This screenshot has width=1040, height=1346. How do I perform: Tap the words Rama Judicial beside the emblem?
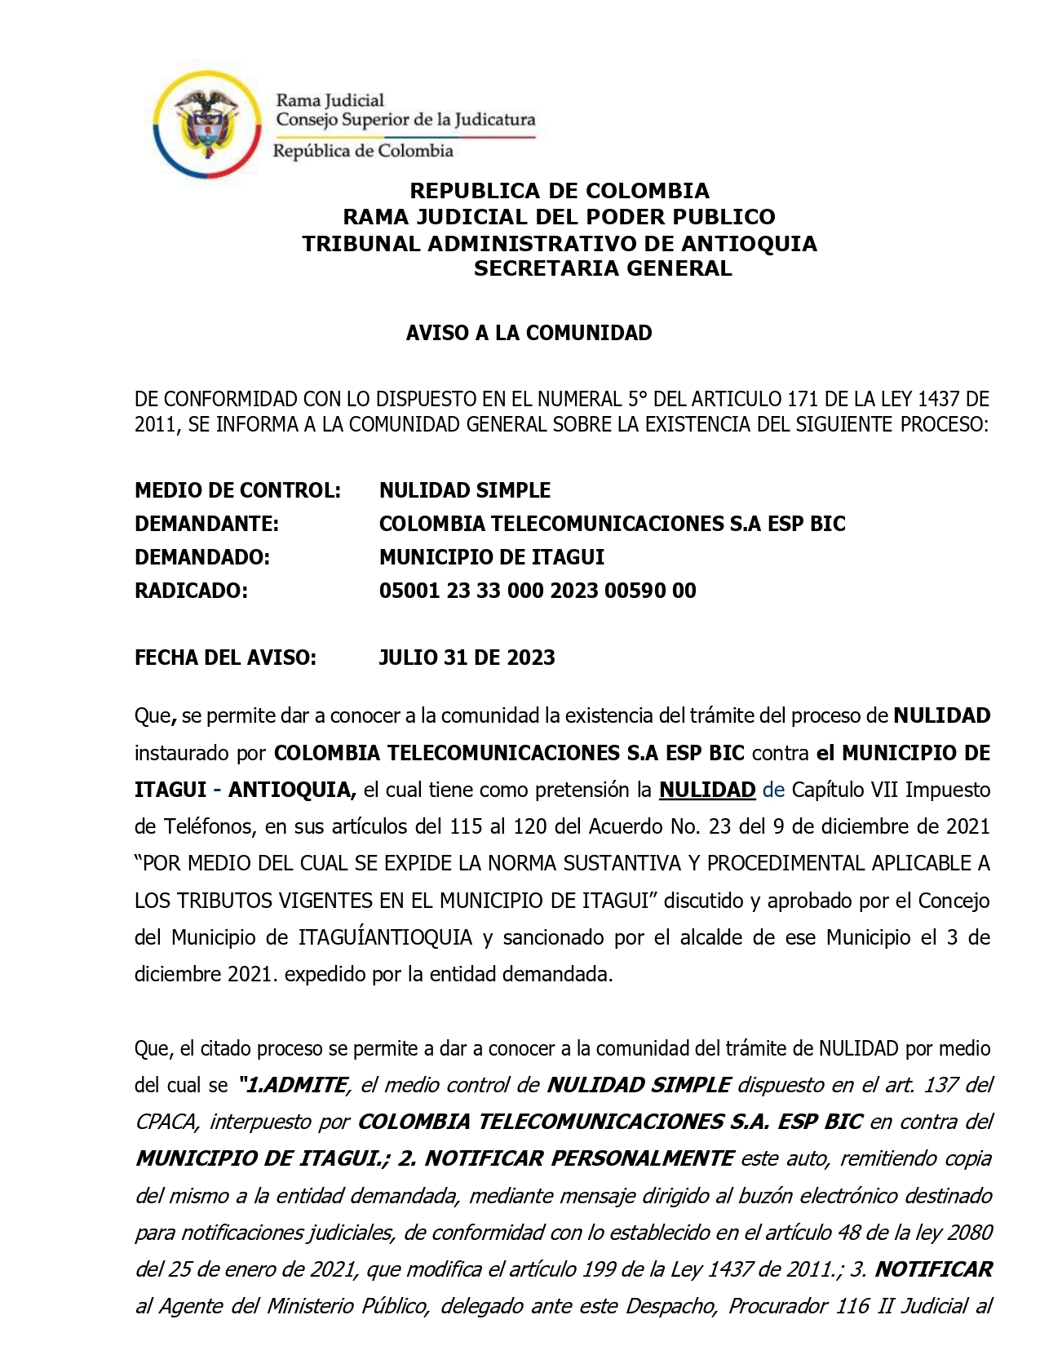pyautogui.click(x=330, y=100)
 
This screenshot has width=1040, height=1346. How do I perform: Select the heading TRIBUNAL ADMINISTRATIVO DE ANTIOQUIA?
pyautogui.click(x=560, y=244)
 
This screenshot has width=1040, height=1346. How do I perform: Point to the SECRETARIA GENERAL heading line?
pyautogui.click(x=603, y=268)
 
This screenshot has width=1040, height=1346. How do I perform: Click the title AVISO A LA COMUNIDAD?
pyautogui.click(x=529, y=333)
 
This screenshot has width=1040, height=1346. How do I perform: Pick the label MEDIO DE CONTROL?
pyautogui.click(x=237, y=490)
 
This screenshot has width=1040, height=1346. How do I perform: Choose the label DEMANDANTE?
pyautogui.click(x=206, y=524)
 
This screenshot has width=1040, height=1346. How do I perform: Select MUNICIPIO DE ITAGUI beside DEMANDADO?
pyautogui.click(x=492, y=557)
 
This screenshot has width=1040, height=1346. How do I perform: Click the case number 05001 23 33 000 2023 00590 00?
pyautogui.click(x=538, y=591)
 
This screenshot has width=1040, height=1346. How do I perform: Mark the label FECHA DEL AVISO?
pyautogui.click(x=225, y=658)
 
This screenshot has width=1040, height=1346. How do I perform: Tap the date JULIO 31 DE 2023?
pyautogui.click(x=467, y=658)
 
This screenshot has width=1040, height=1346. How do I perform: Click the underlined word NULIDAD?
pyautogui.click(x=707, y=790)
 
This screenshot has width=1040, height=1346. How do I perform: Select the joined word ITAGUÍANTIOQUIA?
pyautogui.click(x=386, y=937)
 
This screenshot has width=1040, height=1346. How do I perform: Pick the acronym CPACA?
pyautogui.click(x=166, y=1122)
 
